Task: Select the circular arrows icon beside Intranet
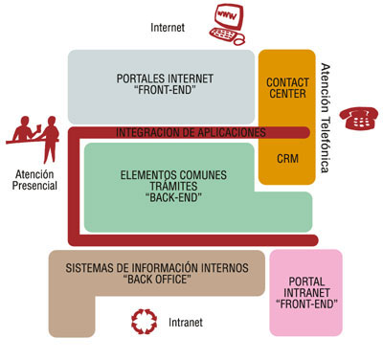[x=142, y=321]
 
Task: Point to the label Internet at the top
[x=169, y=29]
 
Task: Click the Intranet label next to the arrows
[x=186, y=322]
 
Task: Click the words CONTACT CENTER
[x=286, y=89]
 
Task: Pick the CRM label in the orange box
[x=286, y=157]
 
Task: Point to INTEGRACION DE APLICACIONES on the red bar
[x=191, y=131]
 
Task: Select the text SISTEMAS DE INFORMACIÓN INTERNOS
[x=156, y=265]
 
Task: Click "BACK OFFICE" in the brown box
[x=156, y=279]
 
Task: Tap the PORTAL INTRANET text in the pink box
[x=305, y=288]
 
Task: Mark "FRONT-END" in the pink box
[x=305, y=303]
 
